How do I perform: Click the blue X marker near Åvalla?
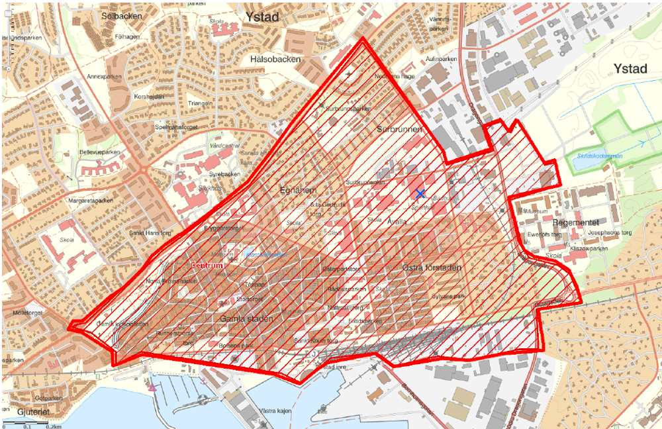[x=420, y=193]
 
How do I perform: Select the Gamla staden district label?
[x=247, y=318]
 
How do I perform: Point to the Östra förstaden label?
[x=431, y=267]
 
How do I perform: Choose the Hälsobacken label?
[x=276, y=59]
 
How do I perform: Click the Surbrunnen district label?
[x=399, y=129]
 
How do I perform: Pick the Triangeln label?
[x=201, y=103]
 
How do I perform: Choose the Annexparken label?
[x=106, y=77]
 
